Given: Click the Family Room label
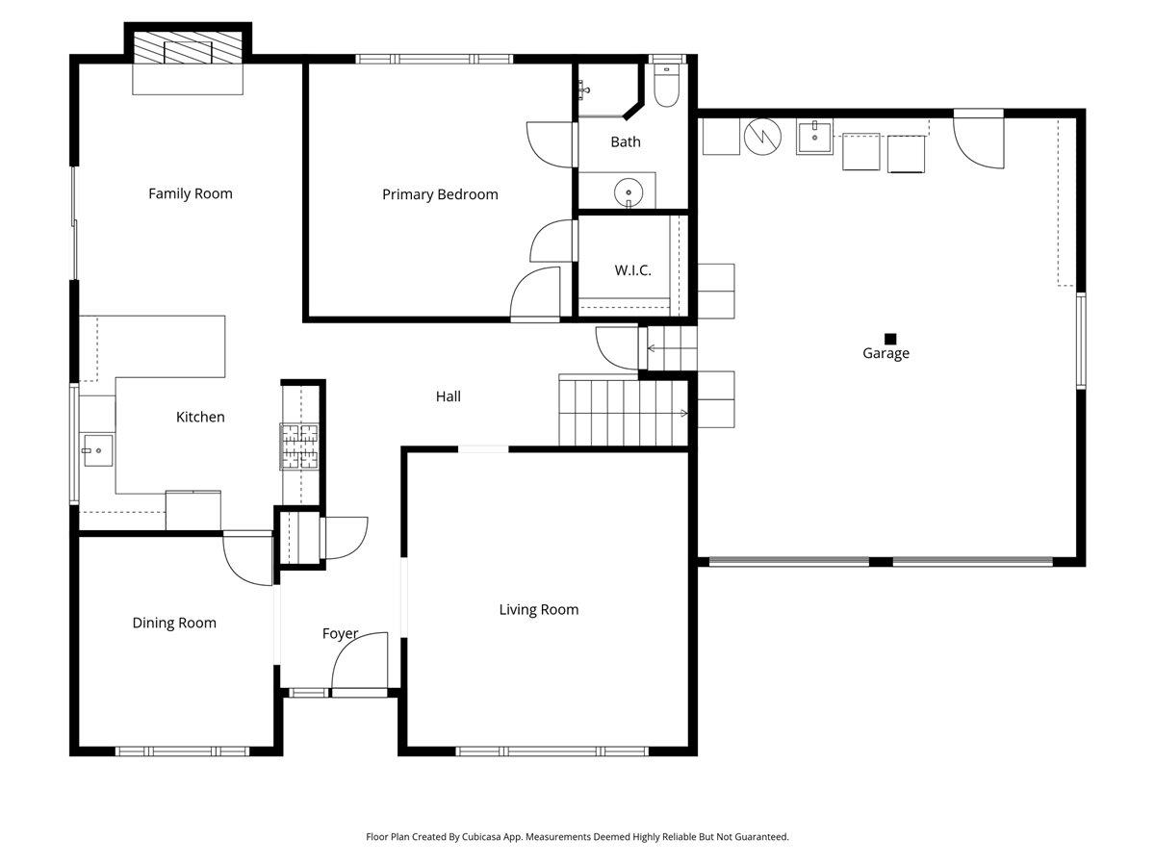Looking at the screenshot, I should (191, 193).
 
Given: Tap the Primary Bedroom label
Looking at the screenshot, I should (440, 194).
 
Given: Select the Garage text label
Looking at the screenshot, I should (885, 353).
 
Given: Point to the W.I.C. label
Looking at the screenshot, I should (633, 270).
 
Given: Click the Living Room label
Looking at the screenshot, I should (539, 609).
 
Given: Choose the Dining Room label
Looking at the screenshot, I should (174, 623).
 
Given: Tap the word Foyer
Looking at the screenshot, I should (340, 633).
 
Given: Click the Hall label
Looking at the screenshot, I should (449, 395).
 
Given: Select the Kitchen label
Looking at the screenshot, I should (200, 417).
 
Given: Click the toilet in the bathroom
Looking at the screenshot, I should (665, 87).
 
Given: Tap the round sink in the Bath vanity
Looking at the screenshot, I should (629, 193).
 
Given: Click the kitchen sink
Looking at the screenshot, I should (97, 449).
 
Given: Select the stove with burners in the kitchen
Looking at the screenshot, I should (299, 446).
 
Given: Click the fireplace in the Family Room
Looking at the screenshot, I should (188, 51).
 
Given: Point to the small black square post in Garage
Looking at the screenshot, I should (890, 339).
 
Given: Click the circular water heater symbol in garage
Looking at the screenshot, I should (762, 137).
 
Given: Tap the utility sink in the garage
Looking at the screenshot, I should (816, 136).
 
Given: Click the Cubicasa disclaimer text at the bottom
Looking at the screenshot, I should (577, 837).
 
